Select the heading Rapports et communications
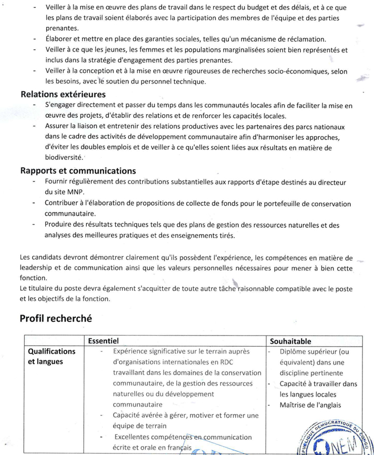point(78,171)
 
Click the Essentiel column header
point(104,341)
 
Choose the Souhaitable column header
point(290,341)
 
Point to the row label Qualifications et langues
point(52,357)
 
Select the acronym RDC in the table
point(238,362)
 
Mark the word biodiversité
point(64,157)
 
